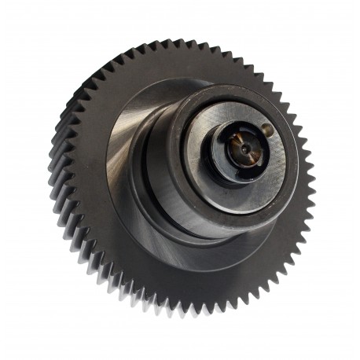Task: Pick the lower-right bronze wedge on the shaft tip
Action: coord(251,154)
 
